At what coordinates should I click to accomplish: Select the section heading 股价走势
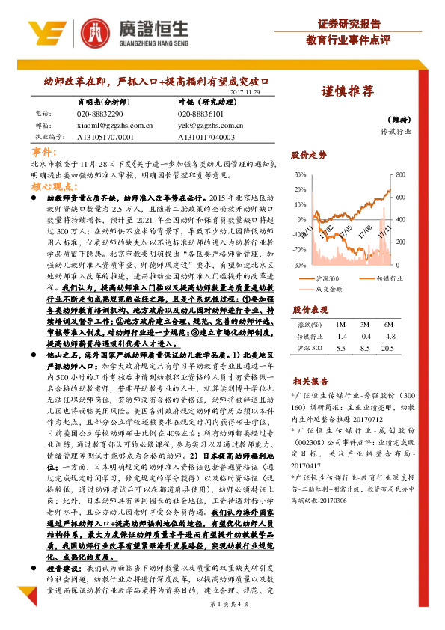310,156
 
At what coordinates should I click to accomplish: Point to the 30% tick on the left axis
299,174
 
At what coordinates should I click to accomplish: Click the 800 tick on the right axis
400,174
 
